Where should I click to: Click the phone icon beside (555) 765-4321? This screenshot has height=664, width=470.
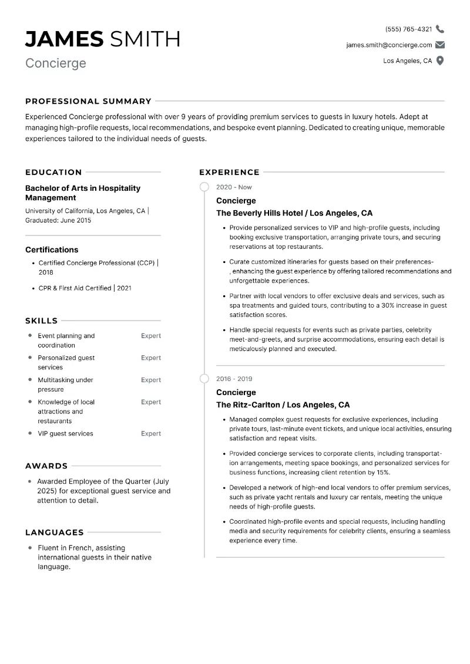pyautogui.click(x=440, y=29)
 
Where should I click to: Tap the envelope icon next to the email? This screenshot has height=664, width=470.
pyautogui.click(x=440, y=45)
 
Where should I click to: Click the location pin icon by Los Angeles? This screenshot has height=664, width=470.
pyautogui.click(x=440, y=60)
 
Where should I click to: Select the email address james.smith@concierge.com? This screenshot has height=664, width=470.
pyautogui.click(x=389, y=45)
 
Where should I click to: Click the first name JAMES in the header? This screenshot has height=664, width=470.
pyautogui.click(x=64, y=39)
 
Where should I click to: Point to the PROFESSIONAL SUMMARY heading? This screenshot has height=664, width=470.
pyautogui.click(x=88, y=101)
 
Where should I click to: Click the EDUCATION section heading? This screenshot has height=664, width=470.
pyautogui.click(x=53, y=172)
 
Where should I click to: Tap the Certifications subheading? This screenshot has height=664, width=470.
pyautogui.click(x=52, y=250)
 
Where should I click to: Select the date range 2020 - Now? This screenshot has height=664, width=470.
pyautogui.click(x=234, y=187)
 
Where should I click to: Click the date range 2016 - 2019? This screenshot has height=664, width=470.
pyautogui.click(x=234, y=379)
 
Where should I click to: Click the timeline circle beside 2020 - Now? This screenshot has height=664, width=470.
pyautogui.click(x=204, y=187)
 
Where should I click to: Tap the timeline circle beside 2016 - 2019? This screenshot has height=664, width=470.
pyautogui.click(x=204, y=379)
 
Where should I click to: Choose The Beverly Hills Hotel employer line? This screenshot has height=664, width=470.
pyautogui.click(x=294, y=213)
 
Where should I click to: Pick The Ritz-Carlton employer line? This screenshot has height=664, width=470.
pyautogui.click(x=283, y=405)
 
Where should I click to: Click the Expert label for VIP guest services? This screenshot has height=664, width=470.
pyautogui.click(x=151, y=434)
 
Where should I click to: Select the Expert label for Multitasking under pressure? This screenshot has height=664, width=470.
pyautogui.click(x=151, y=380)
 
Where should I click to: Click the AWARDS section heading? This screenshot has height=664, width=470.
pyautogui.click(x=46, y=466)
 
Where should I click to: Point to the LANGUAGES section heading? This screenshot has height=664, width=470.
pyautogui.click(x=55, y=532)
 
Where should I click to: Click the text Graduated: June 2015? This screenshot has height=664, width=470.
pyautogui.click(x=58, y=220)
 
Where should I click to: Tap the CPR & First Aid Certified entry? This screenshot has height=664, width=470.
pyautogui.click(x=85, y=288)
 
